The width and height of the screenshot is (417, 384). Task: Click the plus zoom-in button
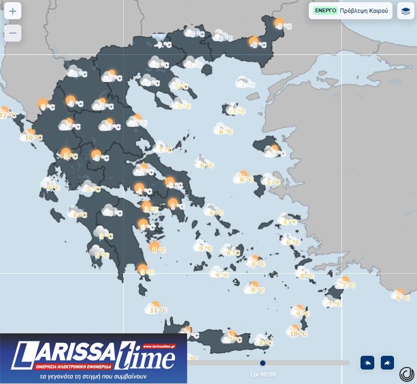tap(13, 11)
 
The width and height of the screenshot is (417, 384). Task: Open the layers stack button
tap(406, 11)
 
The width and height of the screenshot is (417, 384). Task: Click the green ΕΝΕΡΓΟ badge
tap(325, 11)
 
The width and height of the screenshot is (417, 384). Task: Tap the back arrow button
tap(367, 363)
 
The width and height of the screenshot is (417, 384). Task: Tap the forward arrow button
tap(387, 363)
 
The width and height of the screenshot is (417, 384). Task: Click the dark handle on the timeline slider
tap(263, 363)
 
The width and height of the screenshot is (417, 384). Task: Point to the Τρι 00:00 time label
tap(263, 374)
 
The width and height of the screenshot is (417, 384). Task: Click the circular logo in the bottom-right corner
tap(407, 374)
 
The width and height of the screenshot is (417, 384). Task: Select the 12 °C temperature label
tap(7, 115)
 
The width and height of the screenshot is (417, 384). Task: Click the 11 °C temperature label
tap(158, 310)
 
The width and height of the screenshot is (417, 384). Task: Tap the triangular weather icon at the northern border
tap(158, 37)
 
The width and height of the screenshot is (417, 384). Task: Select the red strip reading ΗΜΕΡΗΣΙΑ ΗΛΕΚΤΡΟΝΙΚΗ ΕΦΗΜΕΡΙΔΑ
tap(72, 367)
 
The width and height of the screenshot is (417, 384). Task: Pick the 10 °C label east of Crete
tap(298, 334)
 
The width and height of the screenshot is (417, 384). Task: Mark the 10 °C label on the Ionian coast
tap(33, 138)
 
